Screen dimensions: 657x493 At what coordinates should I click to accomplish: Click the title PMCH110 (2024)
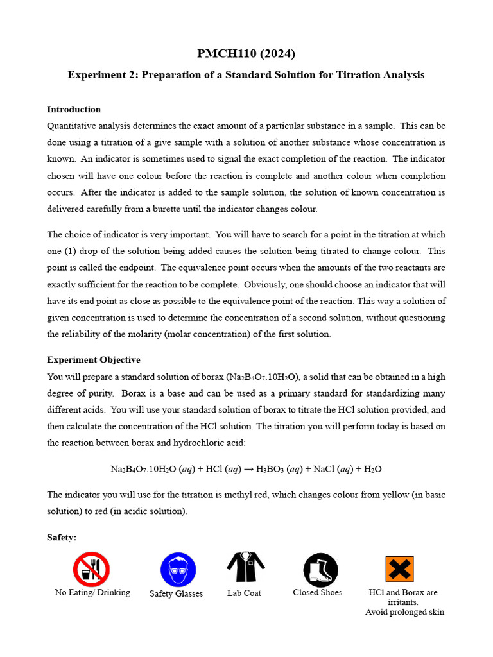pos(246,53)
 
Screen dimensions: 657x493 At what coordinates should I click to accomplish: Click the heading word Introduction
pos(74,109)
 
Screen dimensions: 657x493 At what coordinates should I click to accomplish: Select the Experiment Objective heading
pos(94,360)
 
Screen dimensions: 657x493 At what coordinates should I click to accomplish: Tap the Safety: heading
pos(62,537)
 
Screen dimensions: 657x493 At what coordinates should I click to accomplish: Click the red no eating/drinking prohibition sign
pos(91,569)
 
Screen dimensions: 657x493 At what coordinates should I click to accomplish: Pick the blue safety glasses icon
pos(178,570)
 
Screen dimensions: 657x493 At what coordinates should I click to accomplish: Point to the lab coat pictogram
pos(245,567)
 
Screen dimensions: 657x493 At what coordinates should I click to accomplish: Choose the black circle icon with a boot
pos(320,570)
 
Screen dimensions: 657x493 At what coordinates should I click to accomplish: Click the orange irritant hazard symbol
pos(399,569)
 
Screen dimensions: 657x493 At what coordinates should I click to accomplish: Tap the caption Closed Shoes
pos(317,593)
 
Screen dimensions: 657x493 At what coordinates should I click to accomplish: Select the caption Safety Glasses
pos(176,594)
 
